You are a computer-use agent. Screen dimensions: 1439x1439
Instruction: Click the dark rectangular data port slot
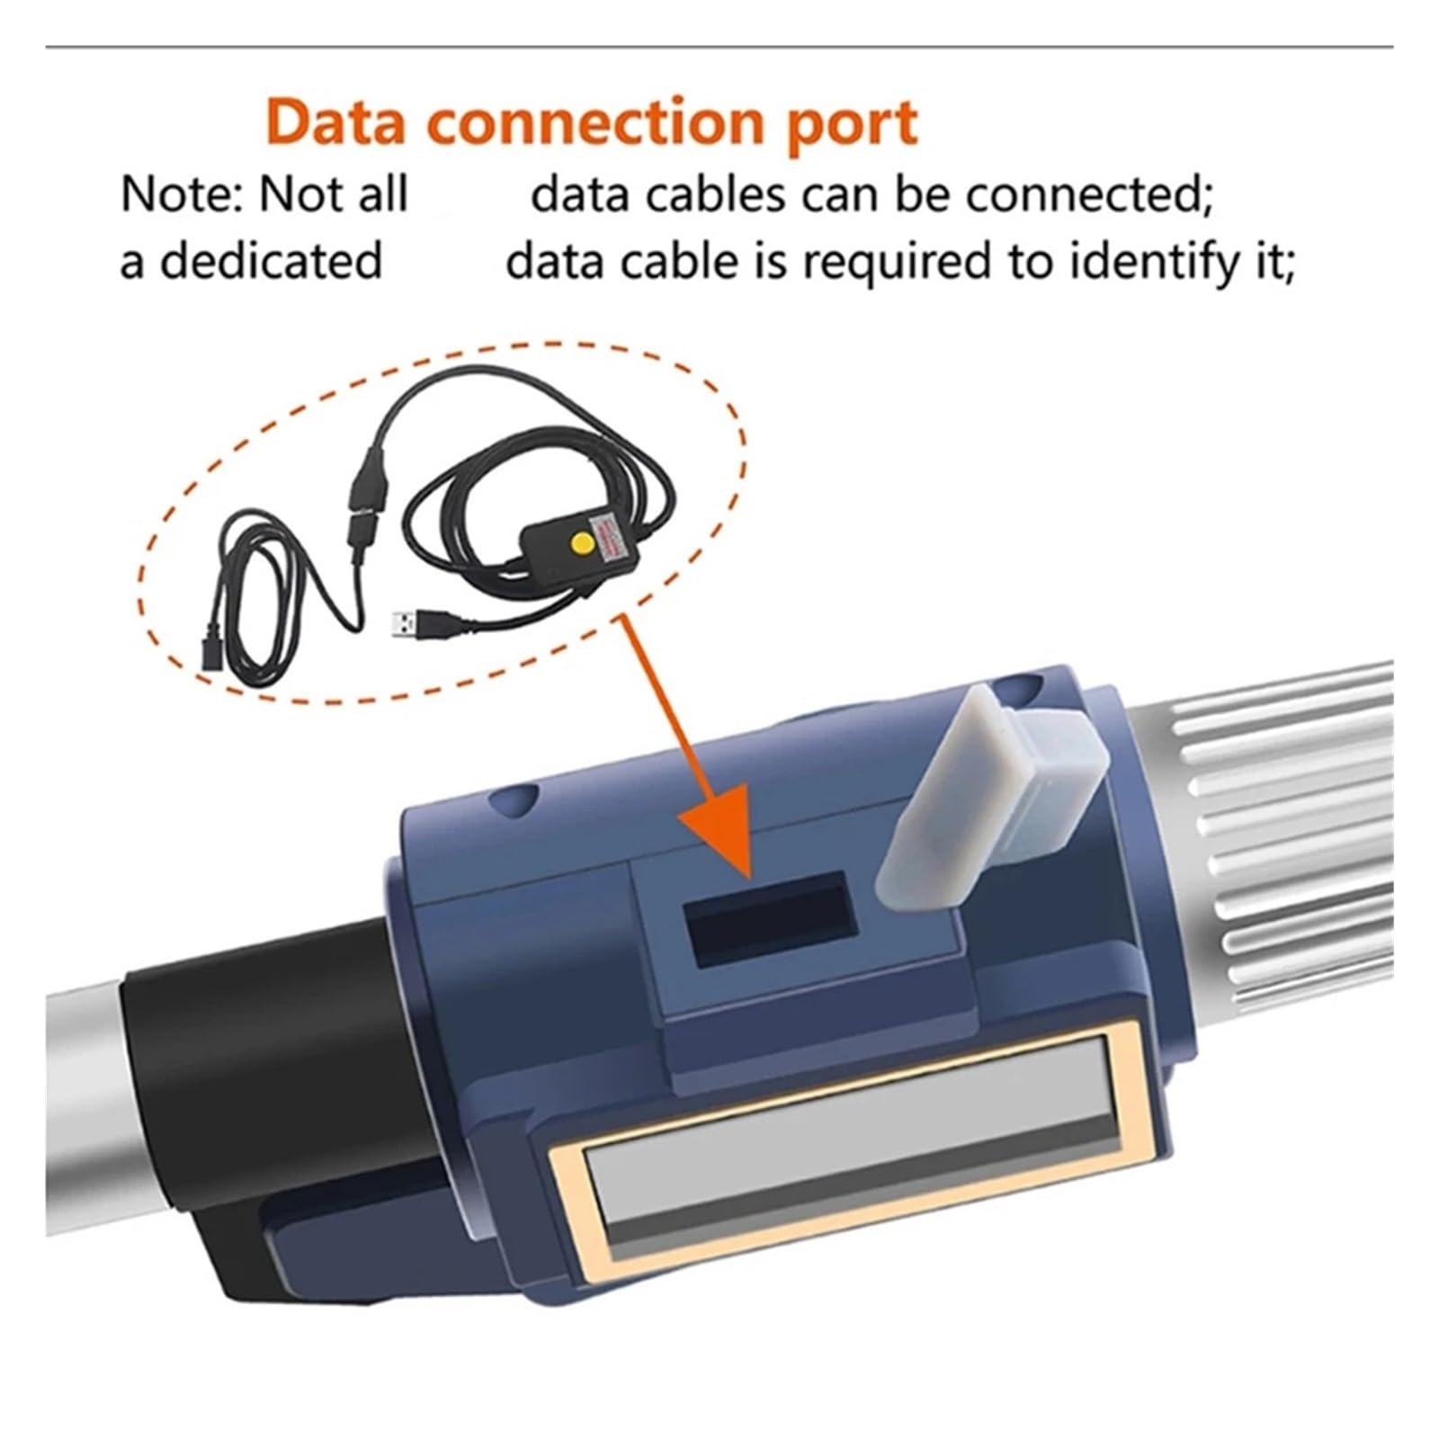click(769, 916)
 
